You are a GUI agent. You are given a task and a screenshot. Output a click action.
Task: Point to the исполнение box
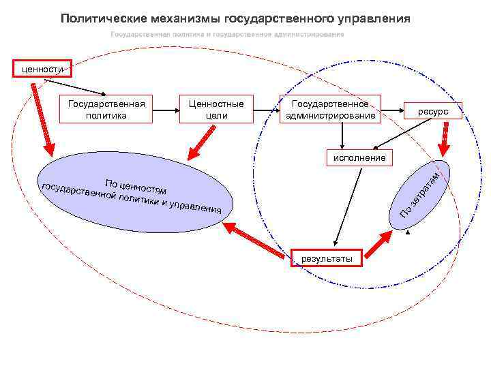(x=359, y=157)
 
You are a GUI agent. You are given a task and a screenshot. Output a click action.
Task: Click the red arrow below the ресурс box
(x=444, y=139)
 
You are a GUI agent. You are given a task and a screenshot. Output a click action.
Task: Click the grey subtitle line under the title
(x=227, y=34)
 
